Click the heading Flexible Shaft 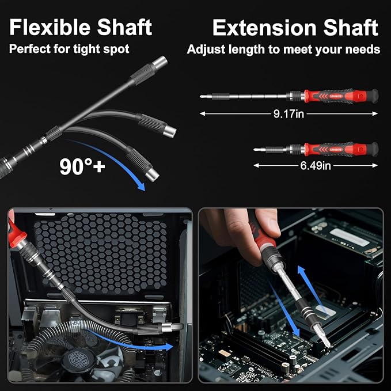(81, 27)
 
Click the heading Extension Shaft (295, 27)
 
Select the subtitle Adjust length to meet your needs (283, 50)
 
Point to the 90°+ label (82, 166)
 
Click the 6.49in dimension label (316, 166)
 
